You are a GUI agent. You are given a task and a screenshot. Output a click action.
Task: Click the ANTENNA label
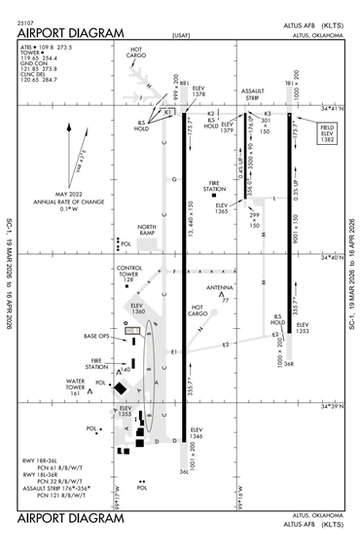pos(220,288)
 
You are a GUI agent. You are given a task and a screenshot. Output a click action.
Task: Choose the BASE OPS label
pos(98,336)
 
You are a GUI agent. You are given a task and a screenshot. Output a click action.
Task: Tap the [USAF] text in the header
pos(180,40)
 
